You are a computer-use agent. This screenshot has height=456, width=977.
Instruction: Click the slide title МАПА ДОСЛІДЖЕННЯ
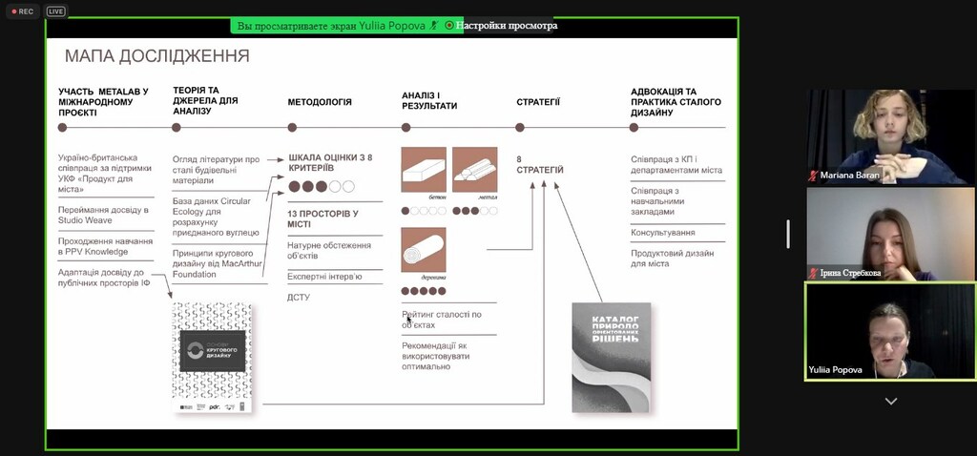point(156,56)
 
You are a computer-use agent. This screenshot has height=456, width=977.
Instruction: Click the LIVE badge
point(55,11)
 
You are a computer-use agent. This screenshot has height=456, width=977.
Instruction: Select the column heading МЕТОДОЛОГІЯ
point(320,101)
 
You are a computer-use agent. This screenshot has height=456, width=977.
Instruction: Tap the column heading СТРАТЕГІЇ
point(538,101)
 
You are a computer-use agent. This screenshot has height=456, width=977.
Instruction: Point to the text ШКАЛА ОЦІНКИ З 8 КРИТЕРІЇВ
point(329,162)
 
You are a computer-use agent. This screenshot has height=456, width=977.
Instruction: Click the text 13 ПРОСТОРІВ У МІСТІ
point(323,219)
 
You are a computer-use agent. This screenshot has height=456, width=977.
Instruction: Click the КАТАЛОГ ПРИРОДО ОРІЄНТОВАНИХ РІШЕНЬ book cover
point(611,357)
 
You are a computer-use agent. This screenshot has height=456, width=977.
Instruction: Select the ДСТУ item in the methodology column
point(299,298)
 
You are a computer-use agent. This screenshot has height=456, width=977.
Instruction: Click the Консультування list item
point(662,232)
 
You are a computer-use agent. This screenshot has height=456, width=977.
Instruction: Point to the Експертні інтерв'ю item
point(324,277)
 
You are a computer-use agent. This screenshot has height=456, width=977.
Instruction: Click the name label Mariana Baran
point(849,176)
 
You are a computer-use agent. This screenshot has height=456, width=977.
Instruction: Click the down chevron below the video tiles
point(891,402)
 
